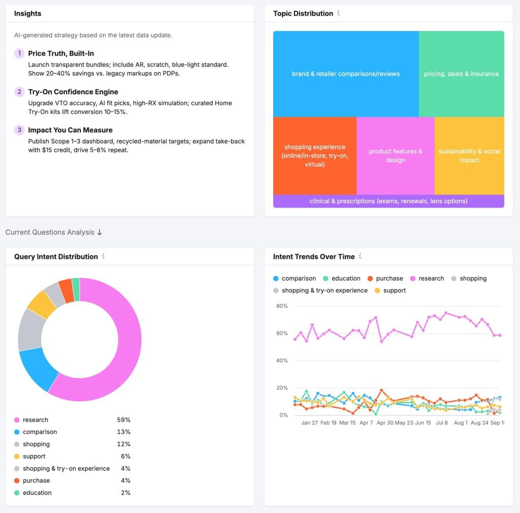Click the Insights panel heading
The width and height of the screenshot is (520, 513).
point(27,14)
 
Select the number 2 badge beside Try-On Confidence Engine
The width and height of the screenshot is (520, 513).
point(19,92)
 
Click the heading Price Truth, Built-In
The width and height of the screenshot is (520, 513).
point(61,53)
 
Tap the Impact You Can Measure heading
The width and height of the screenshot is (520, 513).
point(70,130)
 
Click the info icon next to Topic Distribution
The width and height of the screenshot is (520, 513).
point(339,13)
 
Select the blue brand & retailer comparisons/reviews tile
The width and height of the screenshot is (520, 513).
point(346,74)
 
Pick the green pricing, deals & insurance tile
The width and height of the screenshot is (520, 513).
point(461,74)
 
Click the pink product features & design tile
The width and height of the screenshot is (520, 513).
point(395,156)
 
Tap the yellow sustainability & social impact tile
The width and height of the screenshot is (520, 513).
point(469,156)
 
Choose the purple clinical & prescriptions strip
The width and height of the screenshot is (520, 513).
point(388,201)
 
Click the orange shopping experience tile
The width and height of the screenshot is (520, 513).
point(315,156)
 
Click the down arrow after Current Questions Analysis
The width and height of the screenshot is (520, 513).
point(100,232)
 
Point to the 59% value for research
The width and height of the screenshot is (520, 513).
point(123,420)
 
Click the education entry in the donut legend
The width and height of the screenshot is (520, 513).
point(37,493)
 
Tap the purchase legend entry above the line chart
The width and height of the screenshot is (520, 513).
point(389,279)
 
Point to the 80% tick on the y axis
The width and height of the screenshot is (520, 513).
point(282,306)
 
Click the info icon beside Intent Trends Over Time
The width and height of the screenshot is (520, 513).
point(360,256)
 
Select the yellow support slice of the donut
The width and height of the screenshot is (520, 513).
point(41,304)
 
